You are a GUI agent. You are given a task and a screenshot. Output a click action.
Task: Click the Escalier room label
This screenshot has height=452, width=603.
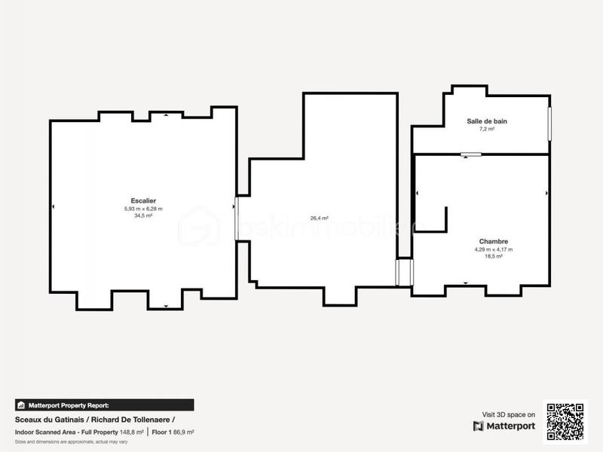pos(143,201)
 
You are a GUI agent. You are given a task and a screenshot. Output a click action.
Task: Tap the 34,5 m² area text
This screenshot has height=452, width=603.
pos(143,215)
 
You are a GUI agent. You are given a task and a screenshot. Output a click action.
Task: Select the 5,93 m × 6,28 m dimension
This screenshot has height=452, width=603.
pos(143,209)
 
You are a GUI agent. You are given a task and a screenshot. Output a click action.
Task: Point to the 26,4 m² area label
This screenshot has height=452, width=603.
pos(320,218)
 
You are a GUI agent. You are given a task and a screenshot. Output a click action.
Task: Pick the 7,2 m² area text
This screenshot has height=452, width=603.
pos(486,129)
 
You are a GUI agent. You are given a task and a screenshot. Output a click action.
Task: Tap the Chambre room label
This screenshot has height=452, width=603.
pos(493,242)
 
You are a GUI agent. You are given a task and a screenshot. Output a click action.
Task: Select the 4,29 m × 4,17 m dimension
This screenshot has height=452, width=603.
pos(493,249)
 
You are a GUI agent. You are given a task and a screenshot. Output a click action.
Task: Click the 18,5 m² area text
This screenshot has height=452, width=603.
pos(493,256)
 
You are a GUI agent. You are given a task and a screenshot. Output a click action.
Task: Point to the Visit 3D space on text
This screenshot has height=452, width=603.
pos(509,414)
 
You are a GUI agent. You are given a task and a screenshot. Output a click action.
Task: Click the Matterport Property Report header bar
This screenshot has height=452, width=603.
pos(104,405)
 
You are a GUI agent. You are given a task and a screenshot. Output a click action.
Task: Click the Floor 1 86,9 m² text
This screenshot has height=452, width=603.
pos(173,432)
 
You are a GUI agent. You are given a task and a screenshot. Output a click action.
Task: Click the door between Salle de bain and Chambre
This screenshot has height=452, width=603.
pos(471,154)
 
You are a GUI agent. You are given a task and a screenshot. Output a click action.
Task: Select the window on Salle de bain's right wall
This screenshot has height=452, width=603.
pos(549,123)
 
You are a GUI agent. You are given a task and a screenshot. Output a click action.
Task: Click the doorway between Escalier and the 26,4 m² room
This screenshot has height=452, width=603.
pos(237,219)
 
